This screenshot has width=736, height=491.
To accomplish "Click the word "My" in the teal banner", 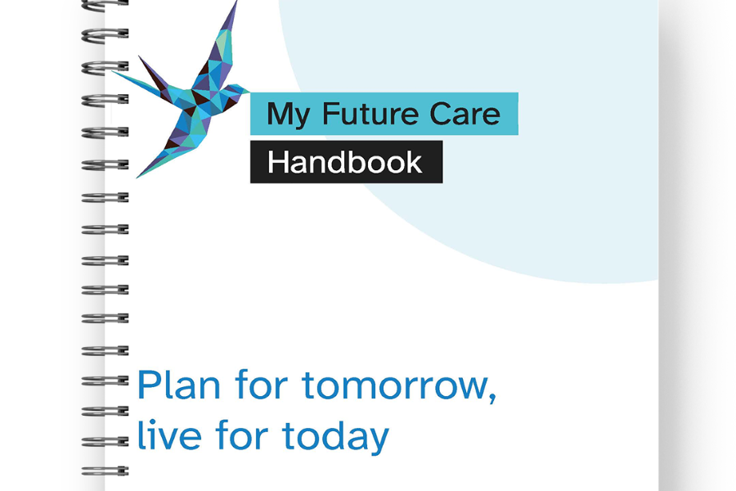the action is (x=288, y=115).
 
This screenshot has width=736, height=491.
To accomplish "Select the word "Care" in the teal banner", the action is (x=464, y=114).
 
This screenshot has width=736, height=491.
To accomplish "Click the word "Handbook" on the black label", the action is (x=344, y=162).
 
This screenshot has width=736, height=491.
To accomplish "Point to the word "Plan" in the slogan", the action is (x=178, y=385).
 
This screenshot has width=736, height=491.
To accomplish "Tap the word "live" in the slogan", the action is (x=169, y=435).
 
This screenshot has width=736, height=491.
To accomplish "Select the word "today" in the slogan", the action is (x=335, y=437).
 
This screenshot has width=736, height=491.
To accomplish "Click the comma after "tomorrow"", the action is (x=492, y=398).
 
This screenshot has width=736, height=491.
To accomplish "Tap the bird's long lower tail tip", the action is (x=138, y=177).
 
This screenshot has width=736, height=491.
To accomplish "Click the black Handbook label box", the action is (x=347, y=162).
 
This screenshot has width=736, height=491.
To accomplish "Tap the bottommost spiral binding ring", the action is (x=105, y=471).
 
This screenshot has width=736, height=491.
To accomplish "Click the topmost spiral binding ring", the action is (x=105, y=4).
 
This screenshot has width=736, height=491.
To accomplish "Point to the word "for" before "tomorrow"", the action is (x=262, y=385).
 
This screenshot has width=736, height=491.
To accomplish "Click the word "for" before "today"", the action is (x=242, y=435).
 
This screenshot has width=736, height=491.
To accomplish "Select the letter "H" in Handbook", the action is (x=277, y=163).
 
